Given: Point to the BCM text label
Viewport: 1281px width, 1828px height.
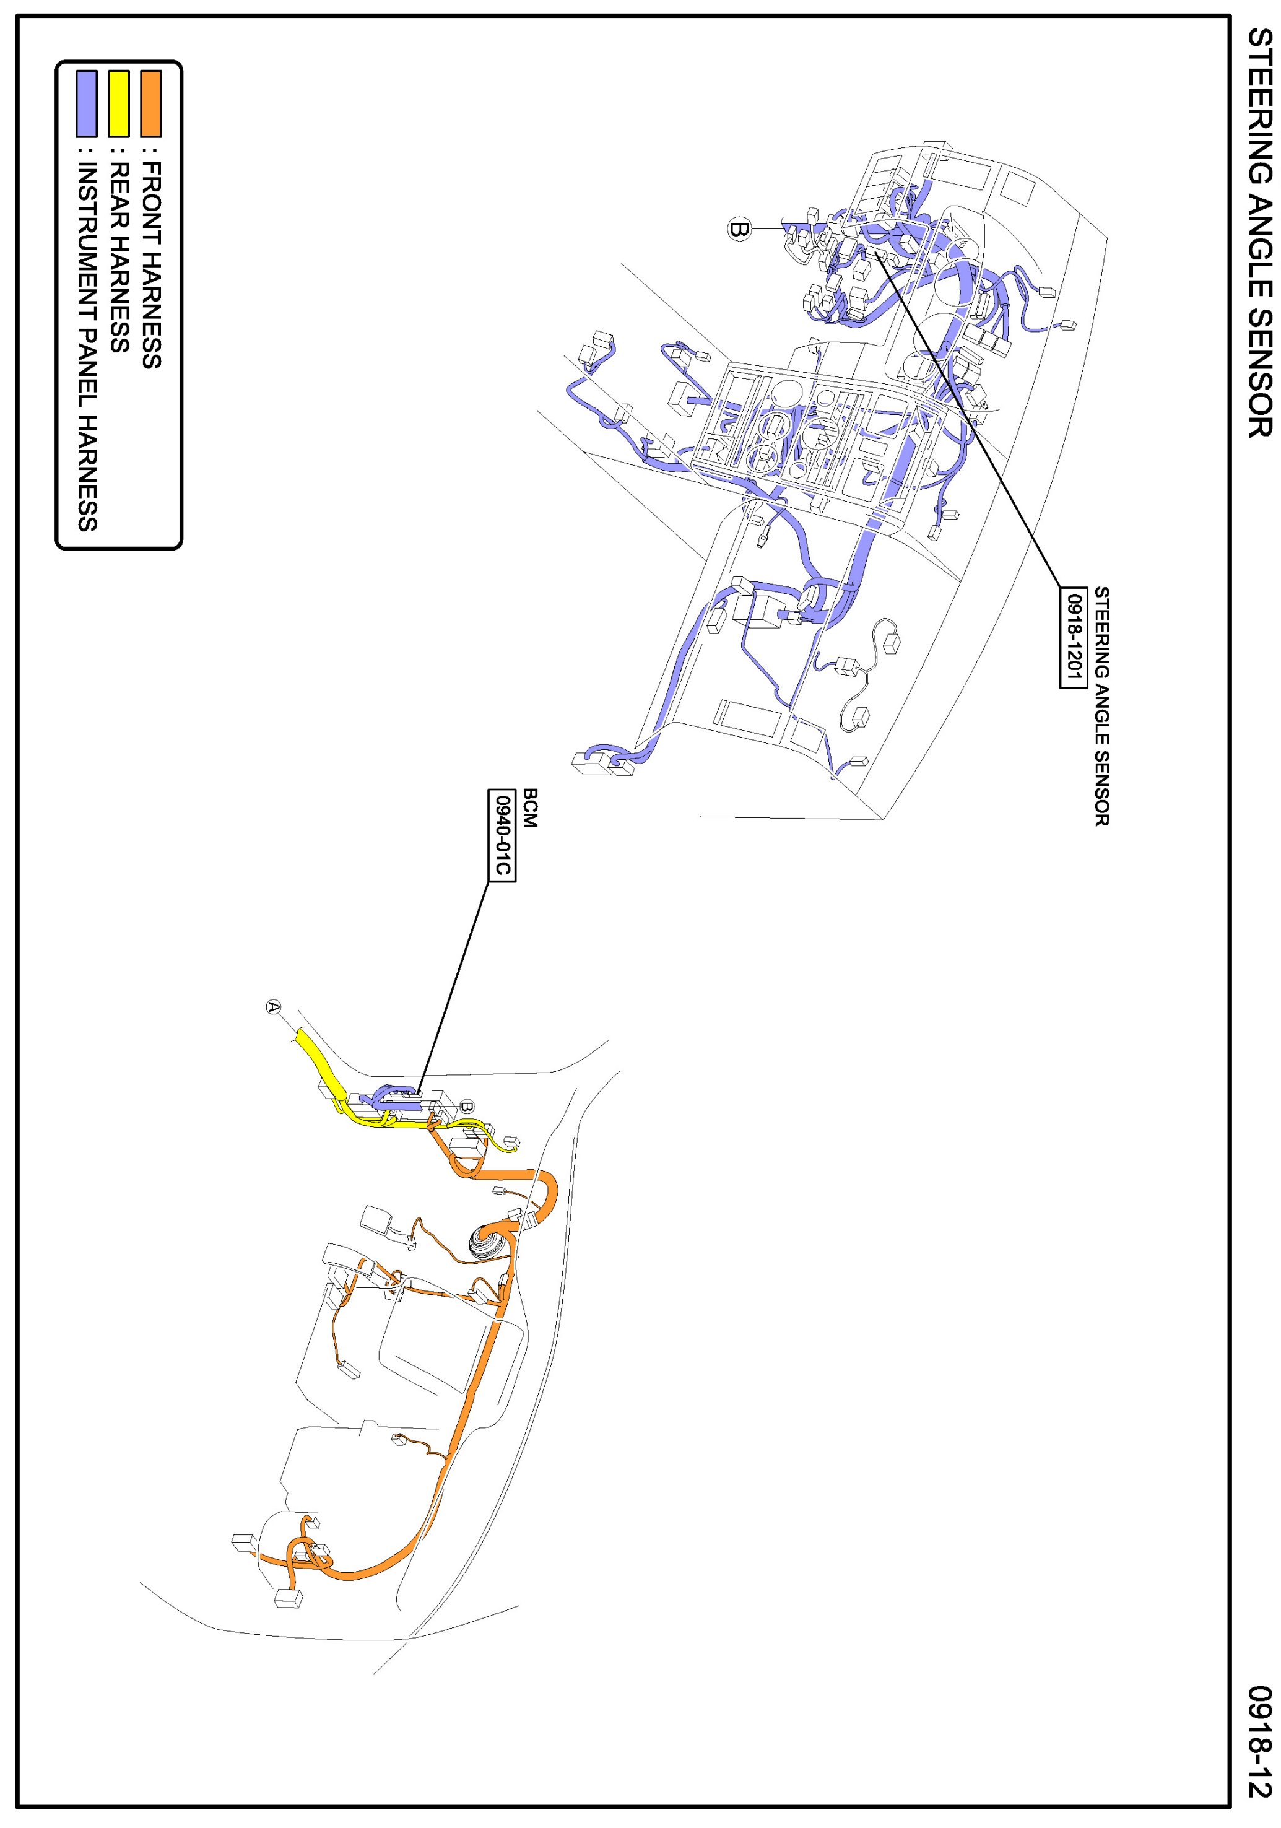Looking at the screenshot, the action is coord(530,807).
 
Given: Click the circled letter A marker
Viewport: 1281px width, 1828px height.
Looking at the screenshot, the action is coord(273,1006).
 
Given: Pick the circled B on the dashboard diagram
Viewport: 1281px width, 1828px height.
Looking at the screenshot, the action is coord(739,229).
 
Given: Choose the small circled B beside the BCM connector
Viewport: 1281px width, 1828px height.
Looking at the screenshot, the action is coord(467,1106).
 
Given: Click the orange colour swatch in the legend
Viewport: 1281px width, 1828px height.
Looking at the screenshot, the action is coord(150,103).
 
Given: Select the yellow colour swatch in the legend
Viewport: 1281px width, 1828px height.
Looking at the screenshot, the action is coord(119,103).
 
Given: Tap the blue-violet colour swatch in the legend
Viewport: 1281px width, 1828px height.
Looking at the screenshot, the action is coord(86,103).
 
